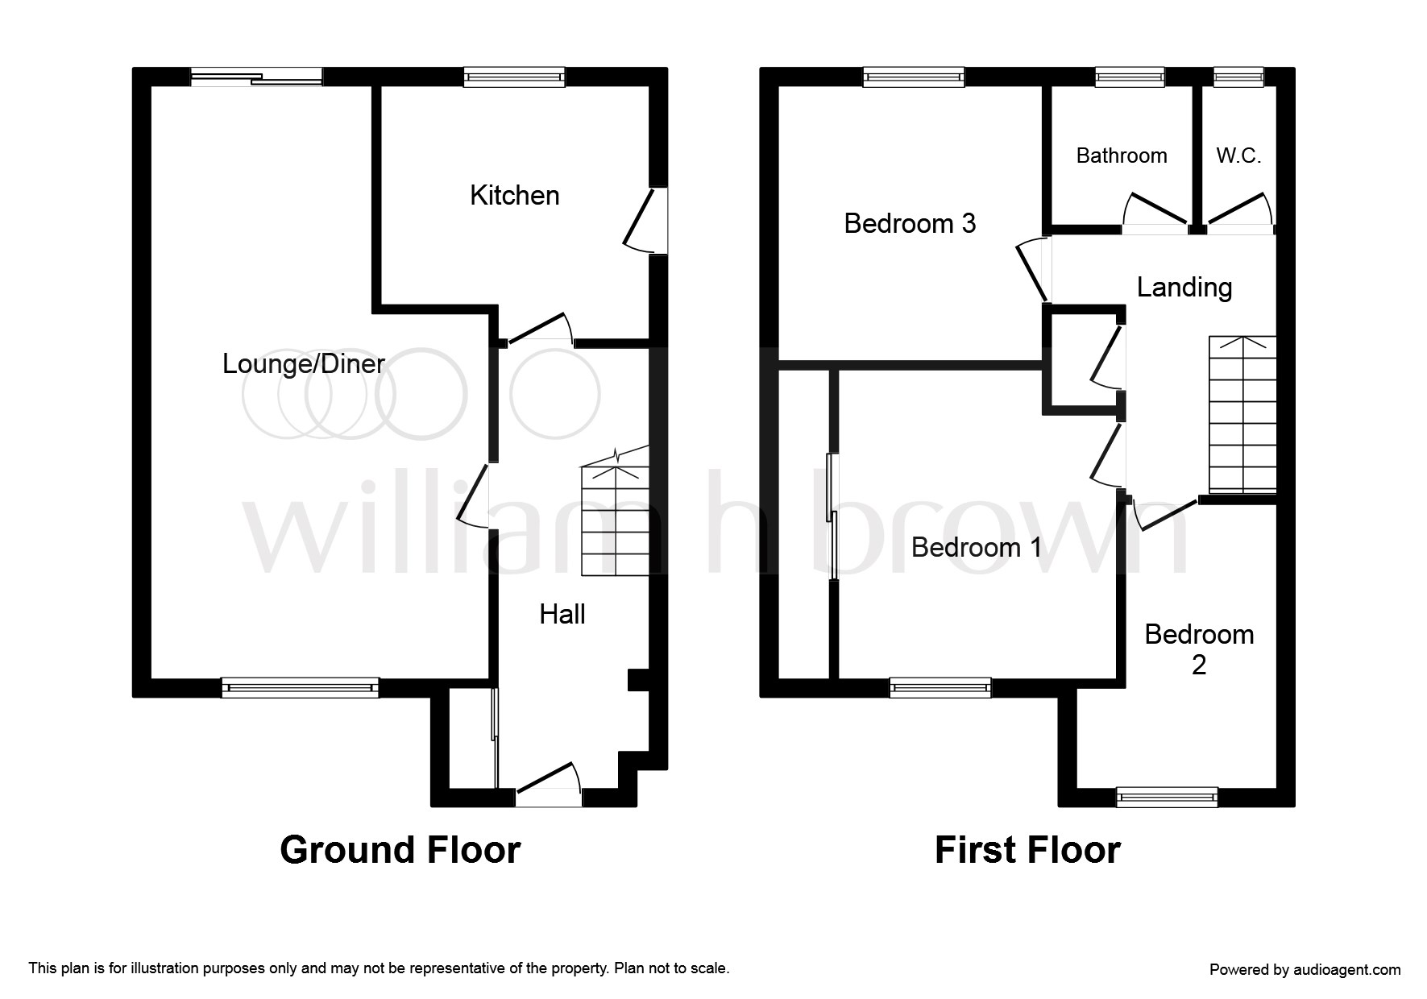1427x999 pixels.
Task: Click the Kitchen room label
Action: pyautogui.click(x=514, y=195)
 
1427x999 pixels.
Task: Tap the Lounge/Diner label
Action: pyautogui.click(x=304, y=364)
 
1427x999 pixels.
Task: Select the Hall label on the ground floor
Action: pyautogui.click(x=562, y=614)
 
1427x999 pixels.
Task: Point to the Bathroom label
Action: pyautogui.click(x=1122, y=155)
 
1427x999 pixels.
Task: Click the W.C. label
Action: pyautogui.click(x=1238, y=155)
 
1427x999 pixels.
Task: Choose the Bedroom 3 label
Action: pyautogui.click(x=910, y=223)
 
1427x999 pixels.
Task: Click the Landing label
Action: pyautogui.click(x=1184, y=288)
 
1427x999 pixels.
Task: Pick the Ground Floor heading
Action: pyautogui.click(x=400, y=850)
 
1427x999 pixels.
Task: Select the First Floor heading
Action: pyautogui.click(x=1027, y=850)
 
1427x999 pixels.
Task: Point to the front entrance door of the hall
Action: pyautogui.click(x=548, y=785)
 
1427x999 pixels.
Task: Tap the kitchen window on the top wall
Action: pyautogui.click(x=514, y=77)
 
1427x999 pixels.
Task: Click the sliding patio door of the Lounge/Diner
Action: pyautogui.click(x=256, y=77)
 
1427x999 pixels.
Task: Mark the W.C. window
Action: pyautogui.click(x=1238, y=77)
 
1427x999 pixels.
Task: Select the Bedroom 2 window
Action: pyautogui.click(x=1167, y=798)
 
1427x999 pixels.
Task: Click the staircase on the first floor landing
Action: pyautogui.click(x=1242, y=414)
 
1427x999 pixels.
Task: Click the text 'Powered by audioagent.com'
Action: pyautogui.click(x=1305, y=970)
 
